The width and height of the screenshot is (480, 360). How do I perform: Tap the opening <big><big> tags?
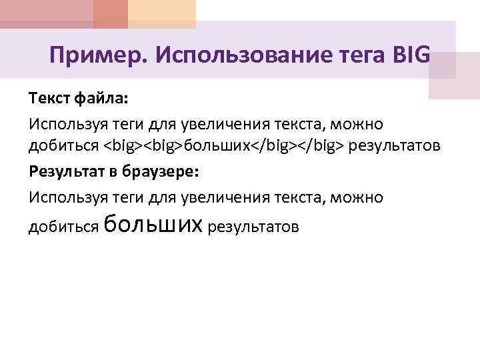143,147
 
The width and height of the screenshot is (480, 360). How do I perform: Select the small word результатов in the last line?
254,227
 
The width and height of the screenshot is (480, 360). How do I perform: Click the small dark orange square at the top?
110,14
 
